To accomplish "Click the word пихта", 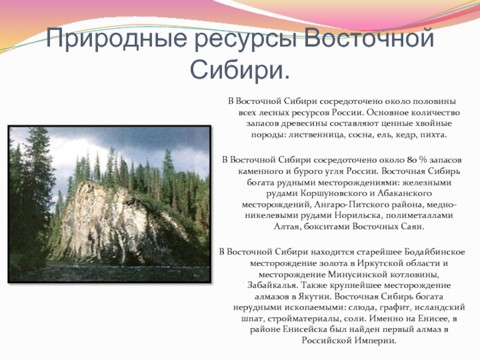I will pyautogui.click(x=433, y=134).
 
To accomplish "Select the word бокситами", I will pyautogui.click(x=326, y=228).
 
